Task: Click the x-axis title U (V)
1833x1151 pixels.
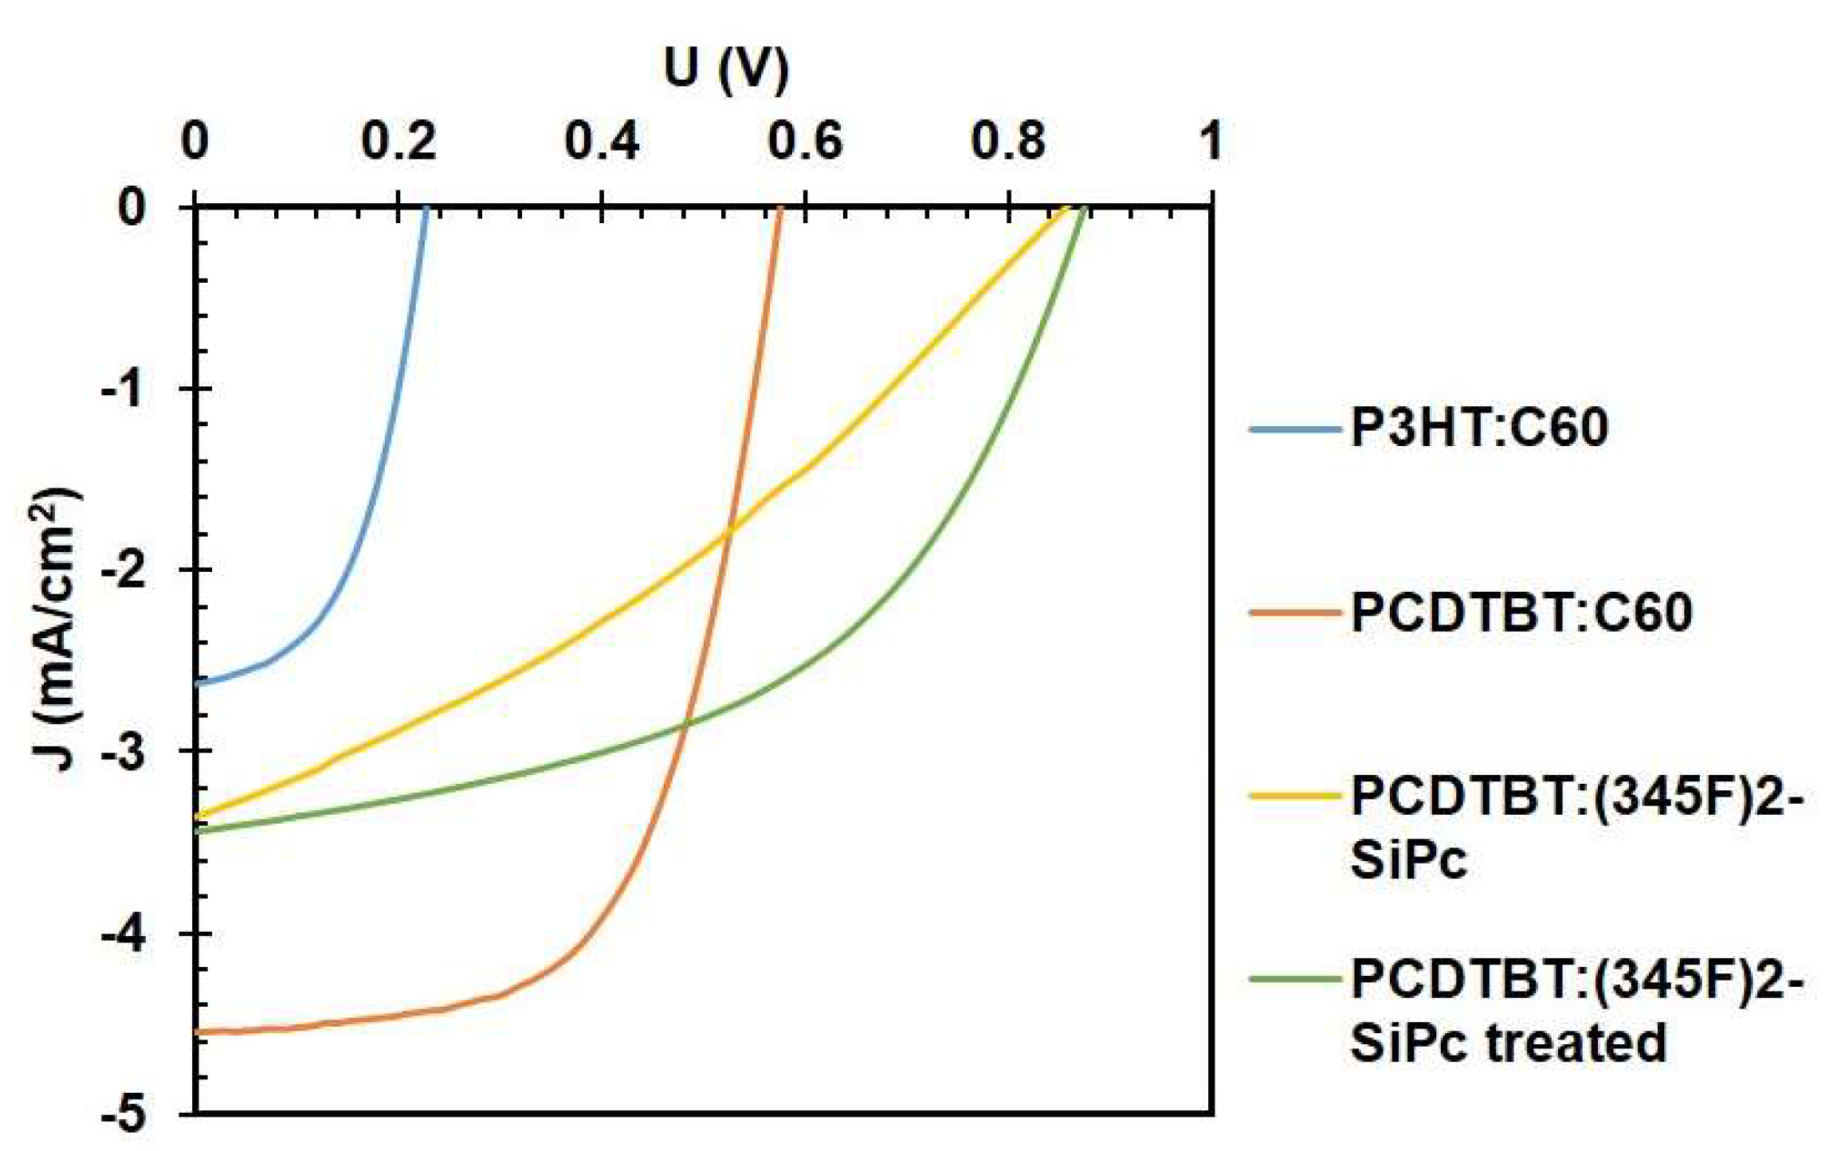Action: coord(725,70)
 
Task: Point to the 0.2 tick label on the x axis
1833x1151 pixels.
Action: coord(398,141)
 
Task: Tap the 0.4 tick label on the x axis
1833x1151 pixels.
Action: coord(602,141)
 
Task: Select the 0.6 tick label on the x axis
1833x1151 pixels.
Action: coord(805,141)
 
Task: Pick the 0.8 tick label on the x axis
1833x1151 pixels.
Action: coord(1008,141)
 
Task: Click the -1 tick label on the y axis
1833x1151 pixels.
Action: coord(124,389)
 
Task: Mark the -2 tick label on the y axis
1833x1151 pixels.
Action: coord(124,570)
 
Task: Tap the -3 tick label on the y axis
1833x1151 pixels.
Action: coord(124,751)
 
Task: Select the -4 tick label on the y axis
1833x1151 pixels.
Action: coord(124,934)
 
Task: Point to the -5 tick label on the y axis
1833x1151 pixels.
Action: coord(124,1114)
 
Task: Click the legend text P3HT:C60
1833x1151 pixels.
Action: coord(1479,428)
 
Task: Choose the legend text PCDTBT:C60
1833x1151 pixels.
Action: coord(1521,613)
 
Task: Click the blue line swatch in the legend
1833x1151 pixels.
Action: coord(1295,429)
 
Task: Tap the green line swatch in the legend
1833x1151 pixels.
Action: coord(1295,979)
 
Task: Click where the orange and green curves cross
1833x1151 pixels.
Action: coord(685,722)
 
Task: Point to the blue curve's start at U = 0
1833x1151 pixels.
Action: coord(198,683)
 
